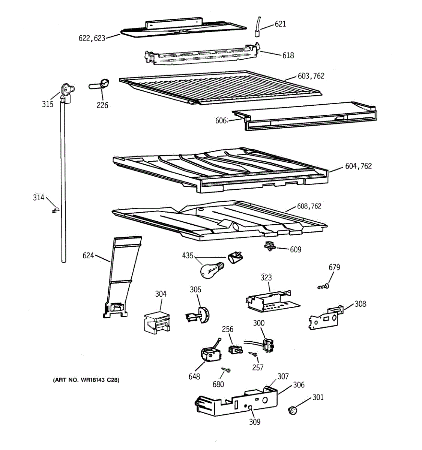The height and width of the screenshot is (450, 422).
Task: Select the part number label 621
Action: pyautogui.click(x=280, y=24)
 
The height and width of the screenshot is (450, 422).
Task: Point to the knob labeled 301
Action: pyautogui.click(x=293, y=411)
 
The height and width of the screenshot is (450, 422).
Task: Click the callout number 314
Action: pyautogui.click(x=39, y=198)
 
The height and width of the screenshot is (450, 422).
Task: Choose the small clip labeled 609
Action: pyautogui.click(x=269, y=246)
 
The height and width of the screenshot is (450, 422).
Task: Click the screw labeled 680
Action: pyautogui.click(x=226, y=370)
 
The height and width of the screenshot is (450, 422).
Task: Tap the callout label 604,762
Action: pyautogui.click(x=358, y=166)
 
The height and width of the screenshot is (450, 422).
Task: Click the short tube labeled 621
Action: pyautogui.click(x=258, y=27)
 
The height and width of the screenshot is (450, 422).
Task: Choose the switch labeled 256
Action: pyautogui.click(x=235, y=350)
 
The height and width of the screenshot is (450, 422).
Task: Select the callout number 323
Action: pyautogui.click(x=266, y=278)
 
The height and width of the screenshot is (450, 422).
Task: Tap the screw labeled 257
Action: pyautogui.click(x=254, y=354)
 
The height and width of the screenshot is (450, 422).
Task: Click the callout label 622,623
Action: pyautogui.click(x=92, y=38)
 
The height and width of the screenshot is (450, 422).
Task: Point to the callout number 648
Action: pyautogui.click(x=194, y=376)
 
